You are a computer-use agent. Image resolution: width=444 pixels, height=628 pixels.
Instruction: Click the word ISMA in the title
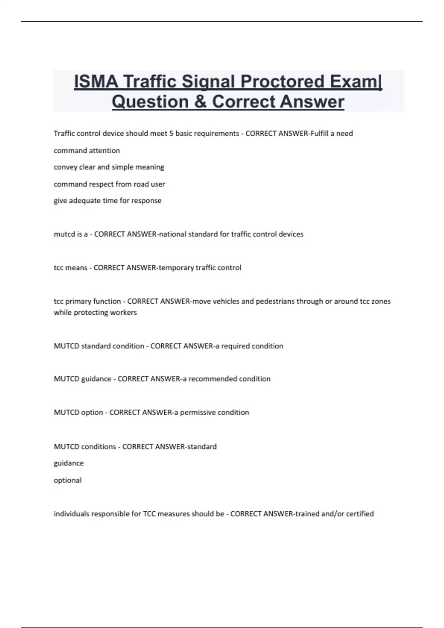click(96, 81)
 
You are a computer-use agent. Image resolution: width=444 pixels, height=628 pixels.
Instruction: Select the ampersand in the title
click(200, 102)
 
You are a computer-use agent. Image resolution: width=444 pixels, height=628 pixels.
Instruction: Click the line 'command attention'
click(87, 150)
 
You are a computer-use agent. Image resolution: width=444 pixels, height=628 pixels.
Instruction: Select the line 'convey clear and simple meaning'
click(109, 167)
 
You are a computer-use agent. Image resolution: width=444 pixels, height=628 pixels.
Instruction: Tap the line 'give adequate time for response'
click(107, 201)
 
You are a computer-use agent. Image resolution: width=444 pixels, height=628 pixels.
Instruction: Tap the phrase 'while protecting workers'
click(95, 313)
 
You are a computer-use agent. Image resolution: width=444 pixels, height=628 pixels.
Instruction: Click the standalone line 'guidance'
click(68, 463)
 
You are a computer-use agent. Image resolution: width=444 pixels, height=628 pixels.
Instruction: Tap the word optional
click(67, 480)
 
